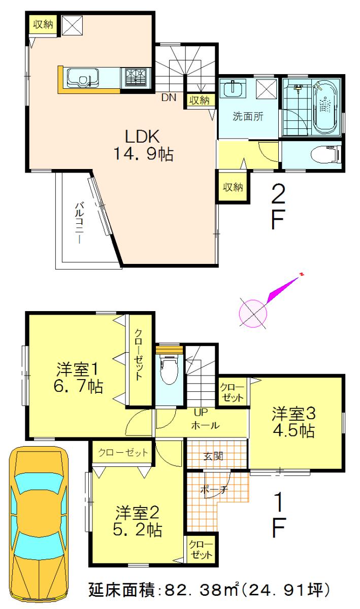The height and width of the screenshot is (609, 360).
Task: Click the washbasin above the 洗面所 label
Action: [x=234, y=88]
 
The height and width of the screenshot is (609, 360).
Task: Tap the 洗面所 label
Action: [x=248, y=116]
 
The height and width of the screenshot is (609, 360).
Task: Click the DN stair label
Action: [x=169, y=98]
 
